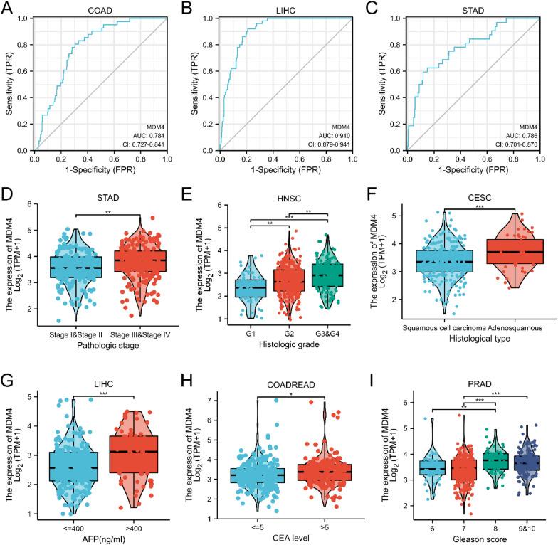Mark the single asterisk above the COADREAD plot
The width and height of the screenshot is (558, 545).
coord(287,393)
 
